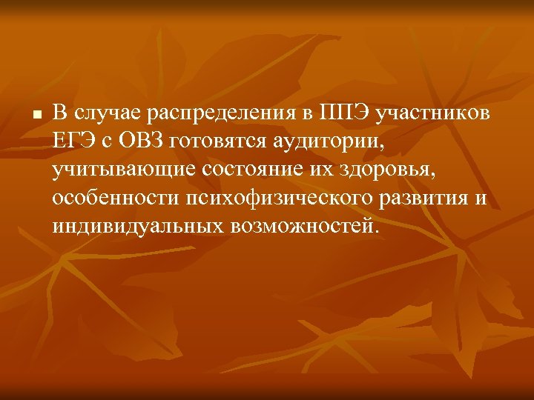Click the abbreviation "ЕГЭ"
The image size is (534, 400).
73,141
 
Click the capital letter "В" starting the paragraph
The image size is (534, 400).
59,113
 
